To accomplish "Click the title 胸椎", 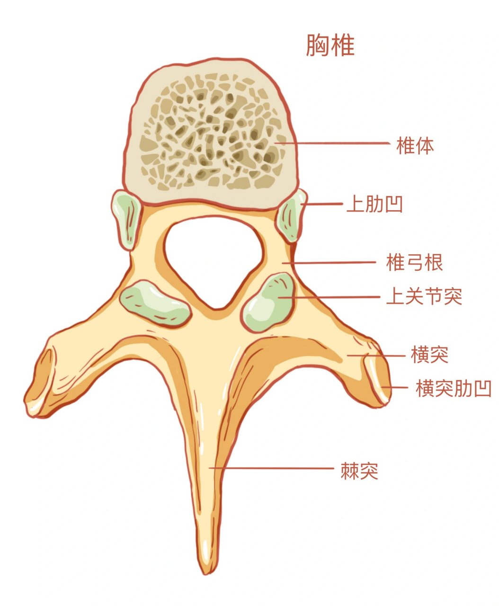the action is (x=330, y=45).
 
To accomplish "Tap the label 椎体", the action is (x=415, y=145).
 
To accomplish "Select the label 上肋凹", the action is (x=374, y=204).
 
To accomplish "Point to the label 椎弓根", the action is (x=414, y=262).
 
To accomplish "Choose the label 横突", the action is (x=429, y=355).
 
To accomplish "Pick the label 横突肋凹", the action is (x=454, y=388).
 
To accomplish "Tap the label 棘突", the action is (x=359, y=471).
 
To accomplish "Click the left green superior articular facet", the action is (x=155, y=303).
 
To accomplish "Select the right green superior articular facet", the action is (x=268, y=302).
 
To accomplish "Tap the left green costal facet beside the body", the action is (x=126, y=219).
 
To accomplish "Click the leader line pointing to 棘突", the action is (x=271, y=468).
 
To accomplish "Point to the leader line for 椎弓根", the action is (x=329, y=263).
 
